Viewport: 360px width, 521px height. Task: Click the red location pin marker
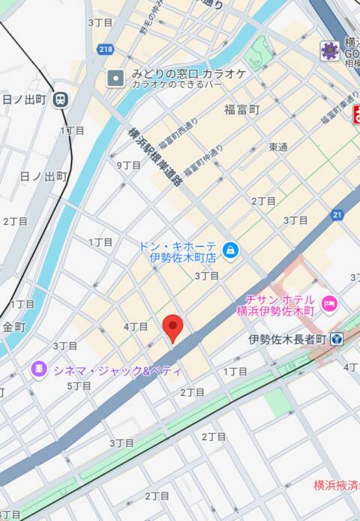pyautogui.click(x=173, y=327)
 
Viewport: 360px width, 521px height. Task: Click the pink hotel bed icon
pyautogui.click(x=328, y=304)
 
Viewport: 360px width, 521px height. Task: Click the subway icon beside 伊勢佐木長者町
pyautogui.click(x=336, y=340)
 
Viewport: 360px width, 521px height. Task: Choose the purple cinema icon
pyautogui.click(x=37, y=369)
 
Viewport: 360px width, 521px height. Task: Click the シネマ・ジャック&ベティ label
pyautogui.click(x=116, y=370)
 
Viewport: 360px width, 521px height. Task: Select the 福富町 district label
pyautogui.click(x=241, y=109)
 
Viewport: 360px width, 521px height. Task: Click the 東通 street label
pyautogui.click(x=278, y=147)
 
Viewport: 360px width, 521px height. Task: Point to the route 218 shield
pyautogui.click(x=106, y=49)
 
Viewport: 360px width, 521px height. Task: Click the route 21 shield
pyautogui.click(x=337, y=215)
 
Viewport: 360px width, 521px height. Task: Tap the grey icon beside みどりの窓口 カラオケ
pyautogui.click(x=115, y=76)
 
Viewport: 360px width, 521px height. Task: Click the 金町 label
pyautogui.click(x=13, y=327)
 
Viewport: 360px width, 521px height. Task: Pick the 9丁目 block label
pyautogui.click(x=128, y=165)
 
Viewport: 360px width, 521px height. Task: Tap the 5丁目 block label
pyautogui.click(x=79, y=386)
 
